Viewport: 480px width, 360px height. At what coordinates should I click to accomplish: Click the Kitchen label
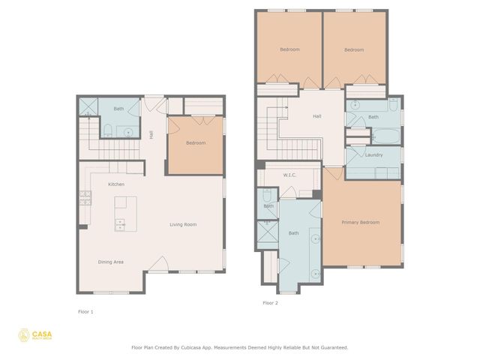[x=115, y=184]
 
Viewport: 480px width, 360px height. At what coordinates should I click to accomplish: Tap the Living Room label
[x=183, y=224]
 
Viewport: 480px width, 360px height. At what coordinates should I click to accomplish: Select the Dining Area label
[x=111, y=262]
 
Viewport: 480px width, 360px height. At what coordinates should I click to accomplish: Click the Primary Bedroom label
[x=360, y=222]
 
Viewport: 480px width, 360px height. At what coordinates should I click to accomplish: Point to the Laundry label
[x=373, y=155]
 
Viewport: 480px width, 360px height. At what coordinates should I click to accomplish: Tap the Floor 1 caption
[x=85, y=310]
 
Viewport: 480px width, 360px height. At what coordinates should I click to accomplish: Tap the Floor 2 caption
[x=270, y=303]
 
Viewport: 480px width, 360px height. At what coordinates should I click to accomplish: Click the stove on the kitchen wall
[x=85, y=199]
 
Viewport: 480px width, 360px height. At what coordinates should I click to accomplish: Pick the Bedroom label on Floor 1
[x=195, y=142]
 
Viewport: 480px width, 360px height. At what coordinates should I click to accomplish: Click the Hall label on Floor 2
[x=316, y=116]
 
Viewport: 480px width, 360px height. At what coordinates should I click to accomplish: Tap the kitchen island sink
[x=120, y=223]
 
